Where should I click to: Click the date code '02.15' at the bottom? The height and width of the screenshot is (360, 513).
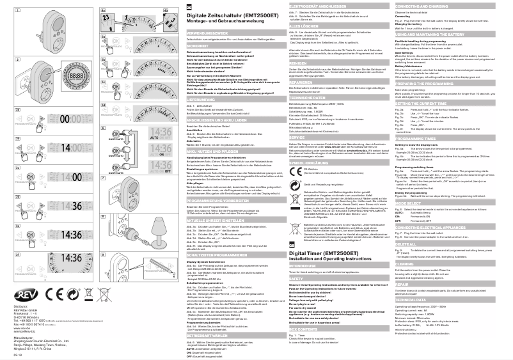point(17,354)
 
